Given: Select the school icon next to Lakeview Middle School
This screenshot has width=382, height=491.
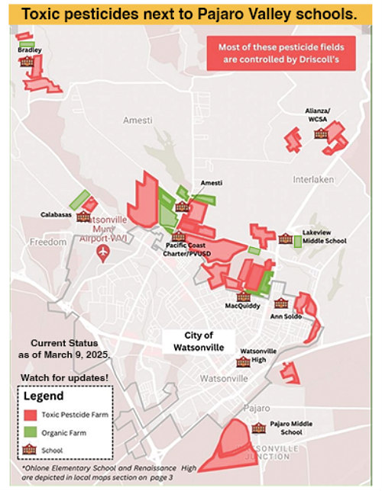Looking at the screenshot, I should click(284, 239).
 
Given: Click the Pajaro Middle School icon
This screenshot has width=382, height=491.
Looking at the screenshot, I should click(259, 428).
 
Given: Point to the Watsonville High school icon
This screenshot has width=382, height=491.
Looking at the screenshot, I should click(243, 361).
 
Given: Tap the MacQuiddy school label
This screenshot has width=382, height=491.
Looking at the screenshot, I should click(243, 306).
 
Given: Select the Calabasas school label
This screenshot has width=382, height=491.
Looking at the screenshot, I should click(56, 215).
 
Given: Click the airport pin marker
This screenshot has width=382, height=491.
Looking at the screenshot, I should click(105, 255).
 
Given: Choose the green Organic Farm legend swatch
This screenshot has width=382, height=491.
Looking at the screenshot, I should click(31, 432).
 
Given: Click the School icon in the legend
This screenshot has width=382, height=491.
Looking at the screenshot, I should click(31, 450).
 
